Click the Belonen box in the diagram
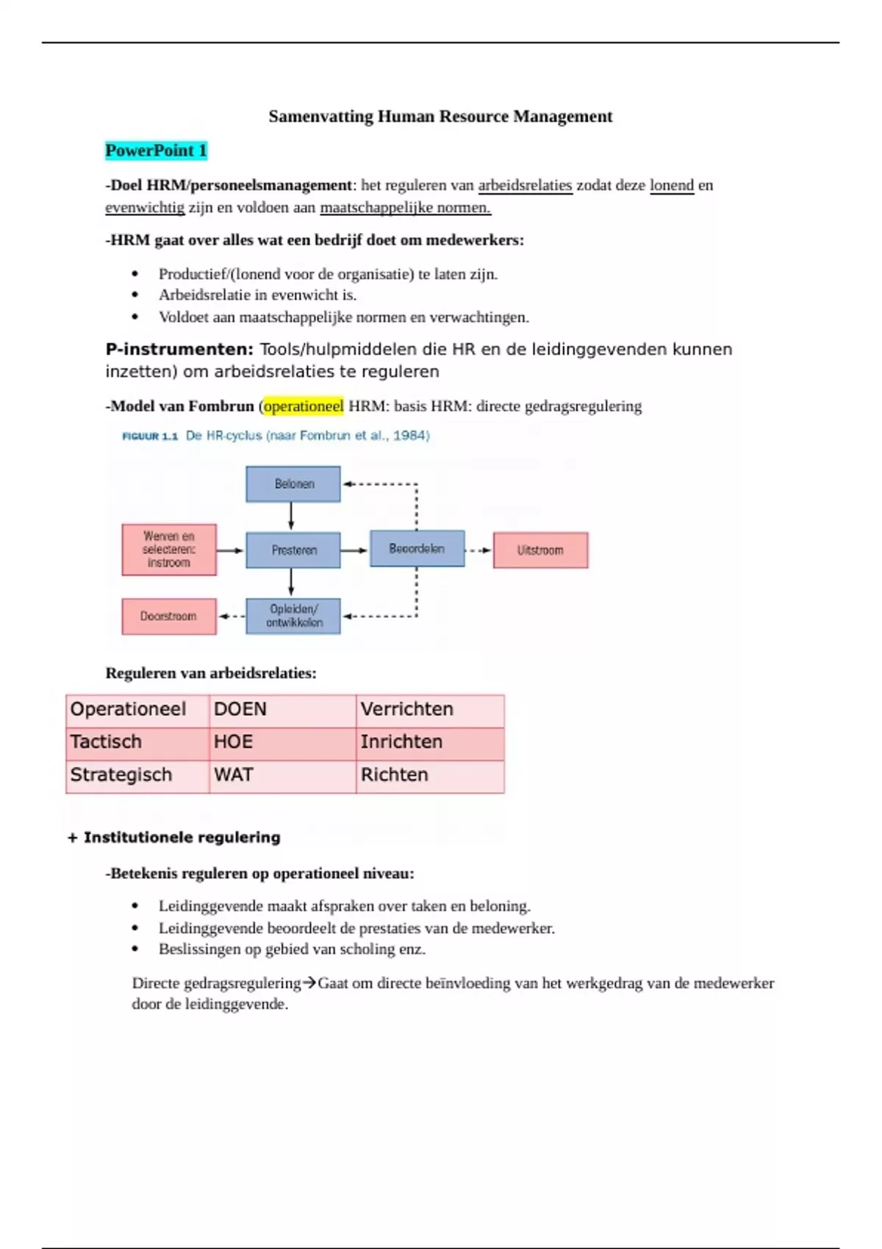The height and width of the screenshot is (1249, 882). pos(293,484)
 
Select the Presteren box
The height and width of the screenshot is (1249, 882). pos(293,550)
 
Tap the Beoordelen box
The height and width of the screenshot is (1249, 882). pos(417,549)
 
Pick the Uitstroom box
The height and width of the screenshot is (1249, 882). pos(540,550)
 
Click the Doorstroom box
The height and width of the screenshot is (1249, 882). pos(168,616)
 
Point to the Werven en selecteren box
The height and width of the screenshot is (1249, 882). pos(168,550)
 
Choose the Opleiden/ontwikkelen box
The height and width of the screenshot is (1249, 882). pos(293,616)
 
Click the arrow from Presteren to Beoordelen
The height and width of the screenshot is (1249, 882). pos(354,550)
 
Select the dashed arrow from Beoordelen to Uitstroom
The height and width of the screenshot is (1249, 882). pos(478,550)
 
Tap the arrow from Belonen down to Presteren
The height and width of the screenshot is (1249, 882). pos(292,516)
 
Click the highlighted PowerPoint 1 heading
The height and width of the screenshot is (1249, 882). pos(156,151)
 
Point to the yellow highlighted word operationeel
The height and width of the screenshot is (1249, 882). pos(304,406)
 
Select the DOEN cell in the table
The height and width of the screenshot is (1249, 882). pos(282,710)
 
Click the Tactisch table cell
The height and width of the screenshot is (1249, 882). pos(137,742)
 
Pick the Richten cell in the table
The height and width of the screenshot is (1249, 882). pos(430,775)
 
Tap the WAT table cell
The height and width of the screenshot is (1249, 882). pos(282,775)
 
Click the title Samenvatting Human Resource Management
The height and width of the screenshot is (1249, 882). pos(440,116)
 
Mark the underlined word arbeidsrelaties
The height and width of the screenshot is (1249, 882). pos(525,185)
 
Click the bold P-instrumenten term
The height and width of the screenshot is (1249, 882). pos(179,350)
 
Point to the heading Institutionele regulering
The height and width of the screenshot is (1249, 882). pos(182,838)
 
